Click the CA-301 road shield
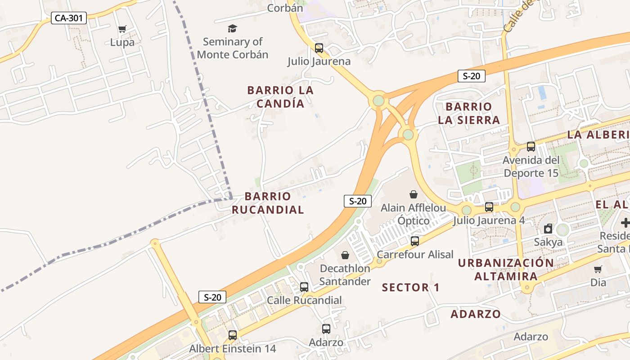pos(68,18)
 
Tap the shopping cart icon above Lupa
pos(122,29)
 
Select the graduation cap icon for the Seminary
pos(232,29)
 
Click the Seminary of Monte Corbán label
pos(233,48)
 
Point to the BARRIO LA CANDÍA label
pos(280,97)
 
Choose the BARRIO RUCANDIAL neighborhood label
pos(268,203)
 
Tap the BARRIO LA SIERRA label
pos(469,113)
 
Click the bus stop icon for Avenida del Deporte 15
pos(531,146)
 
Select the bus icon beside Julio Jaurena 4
pos(489,207)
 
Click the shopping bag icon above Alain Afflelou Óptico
pos(413,194)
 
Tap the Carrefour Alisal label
pos(415,254)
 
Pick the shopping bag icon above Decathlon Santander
pos(345,255)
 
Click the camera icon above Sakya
pos(548,229)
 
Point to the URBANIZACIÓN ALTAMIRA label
pos(506,270)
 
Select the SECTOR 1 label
pos(410,287)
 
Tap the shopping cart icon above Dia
pos(598,269)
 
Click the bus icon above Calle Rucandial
pos(304,287)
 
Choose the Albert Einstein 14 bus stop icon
pos(232,335)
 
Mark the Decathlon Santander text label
pos(345,275)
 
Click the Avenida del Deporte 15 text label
pos(531,166)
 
